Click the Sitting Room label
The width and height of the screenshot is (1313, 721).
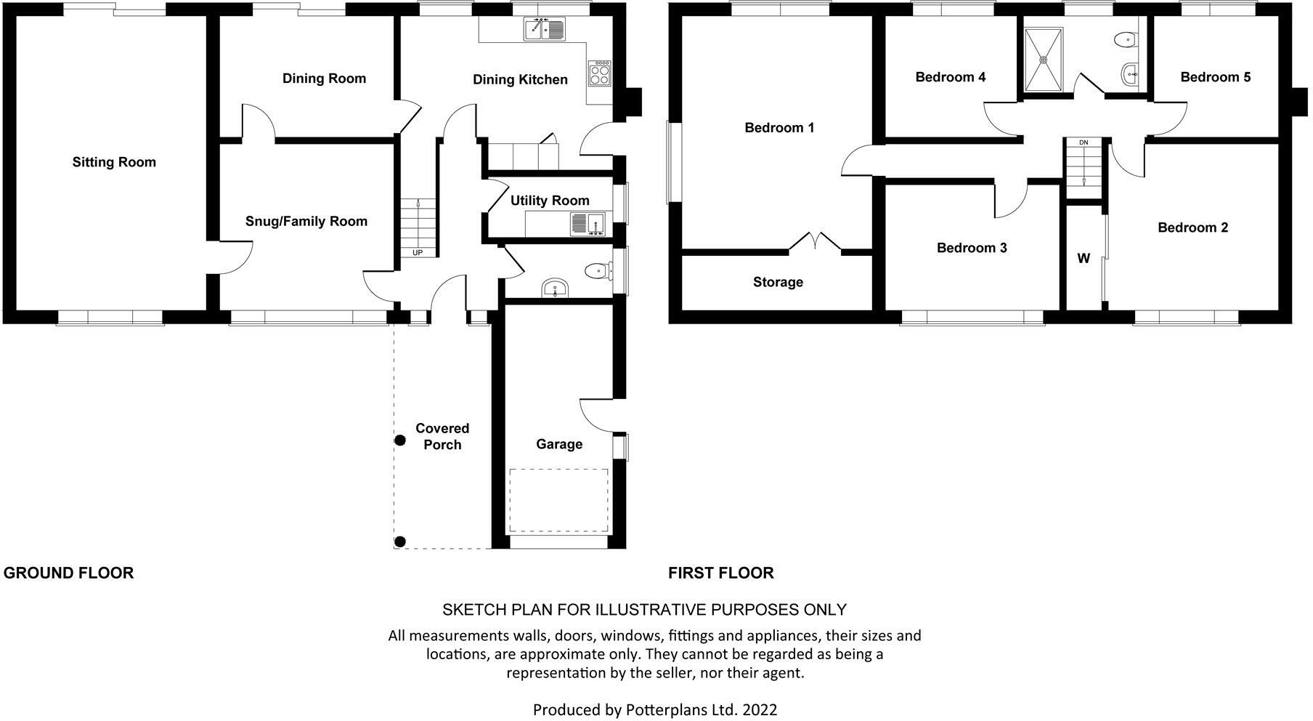tap(114, 162)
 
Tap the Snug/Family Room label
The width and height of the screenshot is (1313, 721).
tap(306, 222)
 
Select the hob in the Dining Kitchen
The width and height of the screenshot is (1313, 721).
tap(600, 73)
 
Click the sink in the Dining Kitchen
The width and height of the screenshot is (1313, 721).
tap(544, 29)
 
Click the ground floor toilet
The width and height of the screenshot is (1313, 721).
tap(597, 271)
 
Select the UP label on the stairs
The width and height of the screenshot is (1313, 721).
tap(418, 253)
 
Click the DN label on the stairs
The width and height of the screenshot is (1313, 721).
tap(1084, 142)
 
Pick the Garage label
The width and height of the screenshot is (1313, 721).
tap(559, 444)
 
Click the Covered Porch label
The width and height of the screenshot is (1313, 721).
tap(442, 437)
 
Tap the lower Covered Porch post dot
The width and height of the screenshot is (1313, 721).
tap(399, 541)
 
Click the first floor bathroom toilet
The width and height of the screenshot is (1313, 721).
tap(1126, 40)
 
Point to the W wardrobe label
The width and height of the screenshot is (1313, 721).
tap(1083, 259)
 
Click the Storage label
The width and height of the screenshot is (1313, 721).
tap(778, 282)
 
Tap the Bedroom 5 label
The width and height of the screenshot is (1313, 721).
tap(1215, 77)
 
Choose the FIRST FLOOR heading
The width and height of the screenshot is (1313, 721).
tap(720, 573)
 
